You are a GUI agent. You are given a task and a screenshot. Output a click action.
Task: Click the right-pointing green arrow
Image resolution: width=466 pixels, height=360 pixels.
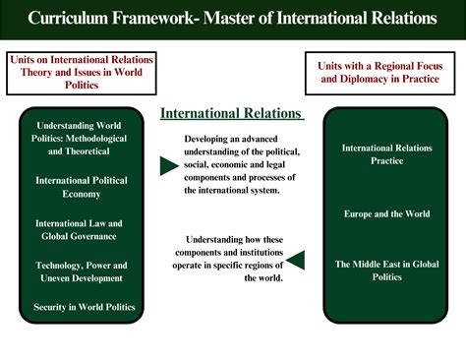(x=169, y=166)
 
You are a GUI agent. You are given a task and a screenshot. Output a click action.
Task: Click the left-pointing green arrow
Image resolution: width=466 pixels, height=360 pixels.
(x=295, y=261)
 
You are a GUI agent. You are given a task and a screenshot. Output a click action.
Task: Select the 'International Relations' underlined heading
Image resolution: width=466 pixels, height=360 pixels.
(x=231, y=113)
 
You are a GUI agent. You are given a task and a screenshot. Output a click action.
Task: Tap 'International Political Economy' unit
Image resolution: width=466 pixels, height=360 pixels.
(x=82, y=187)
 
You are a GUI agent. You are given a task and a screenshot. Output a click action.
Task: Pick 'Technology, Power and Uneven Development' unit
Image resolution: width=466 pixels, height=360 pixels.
(x=82, y=272)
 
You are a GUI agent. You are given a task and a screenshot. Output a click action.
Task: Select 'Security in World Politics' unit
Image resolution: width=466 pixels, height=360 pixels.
(x=82, y=308)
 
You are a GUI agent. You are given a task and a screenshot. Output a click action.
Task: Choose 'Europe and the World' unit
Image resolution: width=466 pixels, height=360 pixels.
(x=387, y=213)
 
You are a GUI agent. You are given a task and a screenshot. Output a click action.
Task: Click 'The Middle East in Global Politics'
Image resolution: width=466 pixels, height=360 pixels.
(x=386, y=270)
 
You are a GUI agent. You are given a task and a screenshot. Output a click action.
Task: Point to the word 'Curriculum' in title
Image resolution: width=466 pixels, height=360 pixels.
(x=73, y=18)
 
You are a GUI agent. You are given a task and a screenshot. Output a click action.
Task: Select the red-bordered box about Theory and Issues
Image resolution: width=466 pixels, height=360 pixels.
(x=76, y=72)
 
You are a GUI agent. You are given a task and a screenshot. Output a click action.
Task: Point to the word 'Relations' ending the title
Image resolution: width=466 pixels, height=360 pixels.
(x=401, y=18)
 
